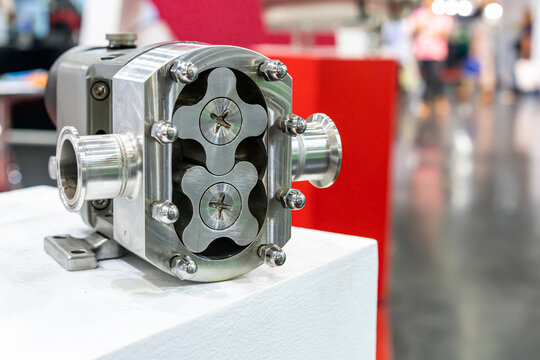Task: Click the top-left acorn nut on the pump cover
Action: tap(184, 72)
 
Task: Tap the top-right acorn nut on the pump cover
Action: tap(272, 70)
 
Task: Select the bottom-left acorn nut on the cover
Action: tap(183, 265)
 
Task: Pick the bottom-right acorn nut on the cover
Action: tap(272, 255)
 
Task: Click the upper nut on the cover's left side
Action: tap(164, 132)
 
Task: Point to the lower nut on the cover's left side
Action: tap(165, 212)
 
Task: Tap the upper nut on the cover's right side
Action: tap(292, 125)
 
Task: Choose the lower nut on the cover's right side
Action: tap(292, 199)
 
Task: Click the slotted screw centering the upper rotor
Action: tap(220, 121)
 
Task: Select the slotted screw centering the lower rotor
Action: tap(220, 206)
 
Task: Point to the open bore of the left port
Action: tap(69, 168)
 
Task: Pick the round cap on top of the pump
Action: tap(121, 40)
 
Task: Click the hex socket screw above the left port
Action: tap(100, 90)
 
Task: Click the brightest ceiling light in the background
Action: tap(493, 11)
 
